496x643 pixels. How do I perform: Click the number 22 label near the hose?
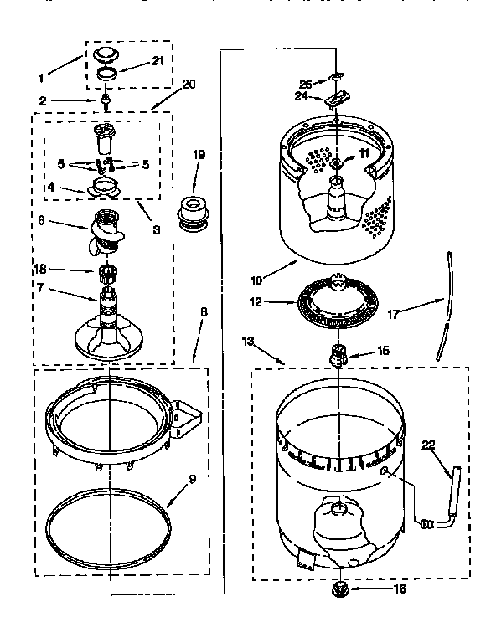click(x=428, y=445)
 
